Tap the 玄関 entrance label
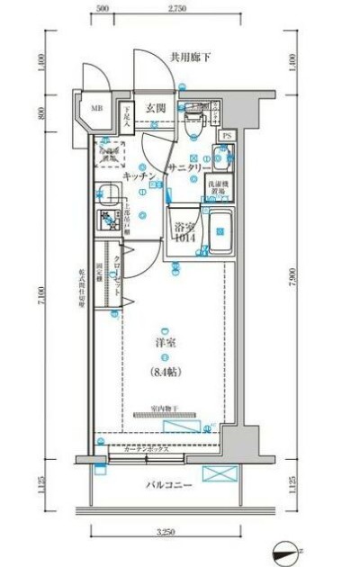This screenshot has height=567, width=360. [156, 109]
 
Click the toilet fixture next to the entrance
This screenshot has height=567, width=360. [191, 121]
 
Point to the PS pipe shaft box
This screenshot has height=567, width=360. [226, 136]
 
